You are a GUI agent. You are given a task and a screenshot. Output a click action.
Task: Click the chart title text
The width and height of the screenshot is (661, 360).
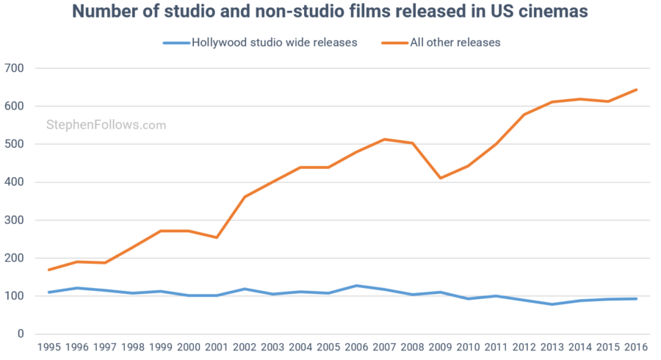pos(330,14)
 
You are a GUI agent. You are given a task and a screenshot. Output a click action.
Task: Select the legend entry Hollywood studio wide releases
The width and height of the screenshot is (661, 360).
pos(274,43)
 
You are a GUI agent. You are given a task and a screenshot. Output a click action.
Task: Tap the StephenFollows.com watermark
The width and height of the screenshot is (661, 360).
pos(106,126)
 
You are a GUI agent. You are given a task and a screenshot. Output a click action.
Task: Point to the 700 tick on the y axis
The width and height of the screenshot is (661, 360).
pos(15,68)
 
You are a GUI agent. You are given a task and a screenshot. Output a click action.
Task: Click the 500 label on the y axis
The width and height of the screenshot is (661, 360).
pos(15,144)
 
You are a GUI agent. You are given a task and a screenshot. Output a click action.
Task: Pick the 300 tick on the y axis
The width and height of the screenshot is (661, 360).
pos(15,220)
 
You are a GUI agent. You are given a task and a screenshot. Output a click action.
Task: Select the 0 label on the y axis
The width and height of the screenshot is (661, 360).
pos(21,334)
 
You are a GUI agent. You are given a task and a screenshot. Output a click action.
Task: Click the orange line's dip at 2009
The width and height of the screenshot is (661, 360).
pos(441,178)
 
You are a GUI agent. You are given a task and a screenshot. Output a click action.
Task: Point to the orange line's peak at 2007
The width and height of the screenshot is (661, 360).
pos(385,139)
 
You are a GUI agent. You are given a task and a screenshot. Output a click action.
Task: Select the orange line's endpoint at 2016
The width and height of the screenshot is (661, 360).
pos(636,90)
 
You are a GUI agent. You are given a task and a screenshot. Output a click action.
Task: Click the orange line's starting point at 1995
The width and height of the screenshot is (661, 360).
pos(50,270)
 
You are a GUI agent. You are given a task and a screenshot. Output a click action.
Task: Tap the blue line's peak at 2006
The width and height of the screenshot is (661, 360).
pos(357,286)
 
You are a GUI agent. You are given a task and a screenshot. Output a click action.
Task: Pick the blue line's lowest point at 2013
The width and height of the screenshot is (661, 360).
pos(552,304)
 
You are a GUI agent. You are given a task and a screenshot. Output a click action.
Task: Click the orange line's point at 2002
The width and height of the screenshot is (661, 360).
pos(245,197)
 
